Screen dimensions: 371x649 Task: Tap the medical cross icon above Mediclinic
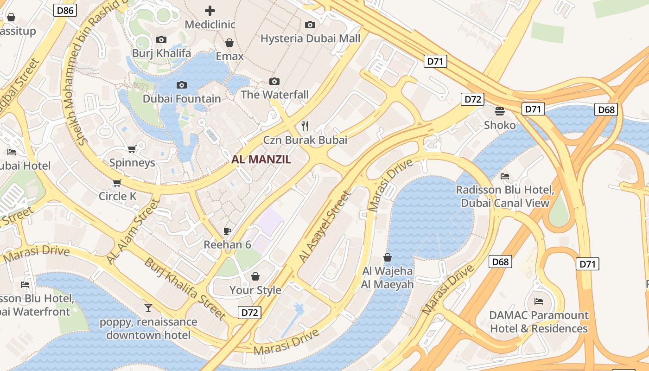[210, 10]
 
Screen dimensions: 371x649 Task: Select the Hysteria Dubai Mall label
[310, 38]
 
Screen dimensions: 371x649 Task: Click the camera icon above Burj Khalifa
[161, 39]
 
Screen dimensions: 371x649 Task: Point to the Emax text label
[229, 56]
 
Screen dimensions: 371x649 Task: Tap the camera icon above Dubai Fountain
[182, 85]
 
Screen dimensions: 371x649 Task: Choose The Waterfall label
[274, 95]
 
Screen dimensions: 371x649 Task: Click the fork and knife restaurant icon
[305, 125]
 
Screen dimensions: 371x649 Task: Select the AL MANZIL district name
[261, 160]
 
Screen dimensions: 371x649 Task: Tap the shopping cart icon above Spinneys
[132, 149]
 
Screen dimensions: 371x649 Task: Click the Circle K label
[117, 196]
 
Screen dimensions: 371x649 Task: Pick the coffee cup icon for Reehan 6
[227, 230]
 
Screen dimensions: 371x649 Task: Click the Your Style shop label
[255, 290]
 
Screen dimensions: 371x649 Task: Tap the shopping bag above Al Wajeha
[388, 257]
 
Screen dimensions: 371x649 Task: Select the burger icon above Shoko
[499, 111]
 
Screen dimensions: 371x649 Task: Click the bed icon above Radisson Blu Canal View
[505, 176]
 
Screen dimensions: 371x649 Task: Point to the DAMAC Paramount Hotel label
[539, 322]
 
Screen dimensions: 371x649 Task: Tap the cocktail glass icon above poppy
[148, 307]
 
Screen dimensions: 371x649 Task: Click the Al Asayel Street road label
[324, 226]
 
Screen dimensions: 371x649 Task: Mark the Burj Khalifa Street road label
[185, 288]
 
